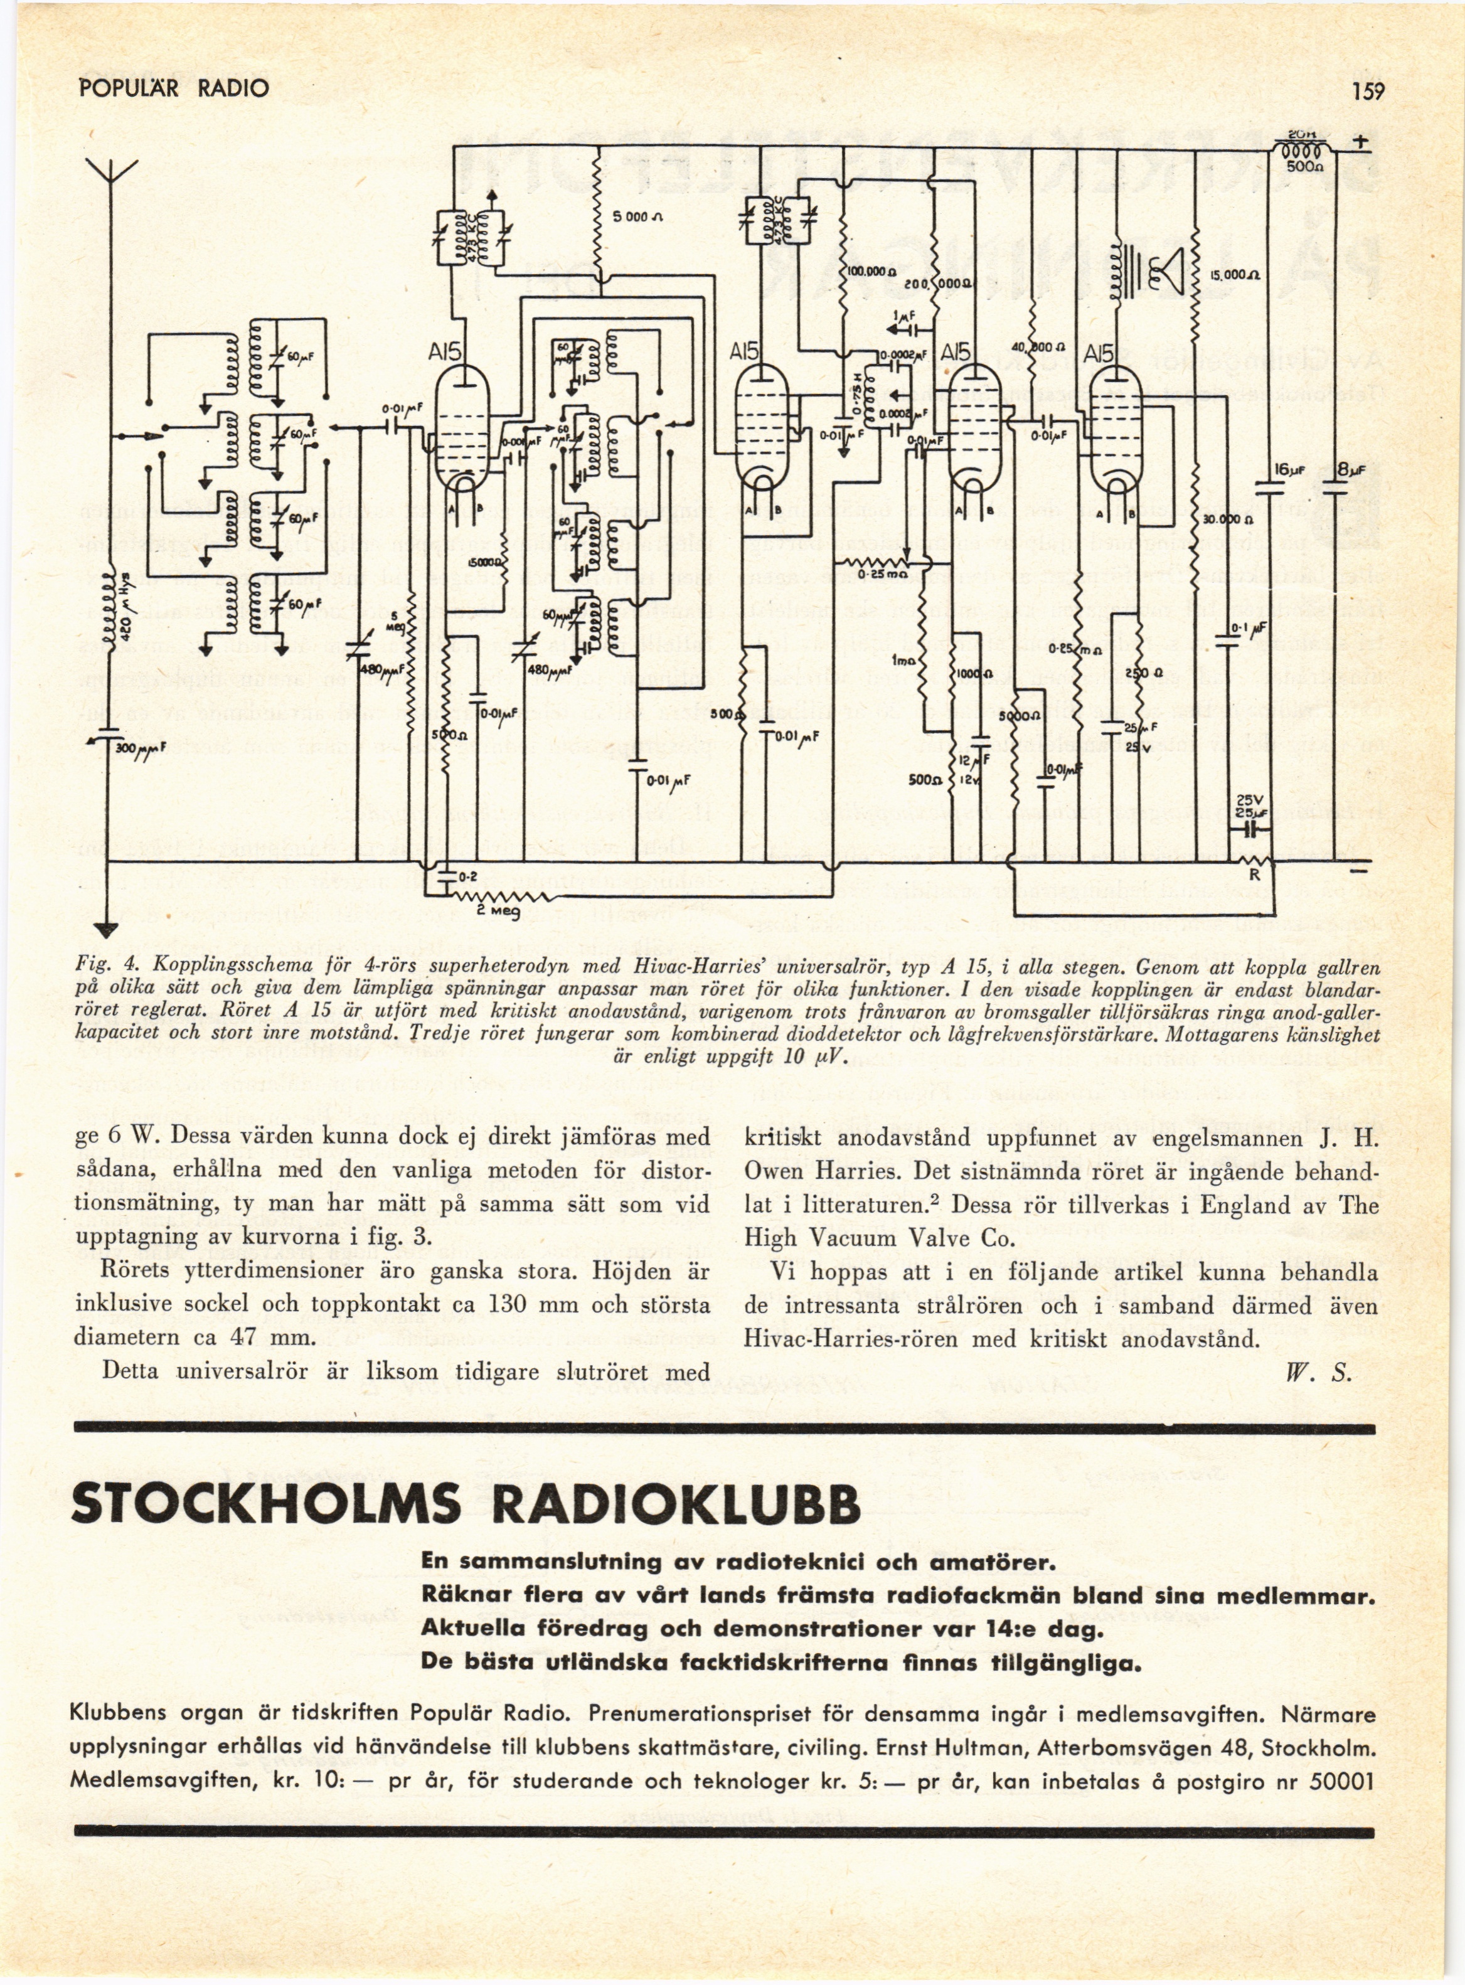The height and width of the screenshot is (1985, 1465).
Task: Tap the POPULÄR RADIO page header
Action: click(x=173, y=88)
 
